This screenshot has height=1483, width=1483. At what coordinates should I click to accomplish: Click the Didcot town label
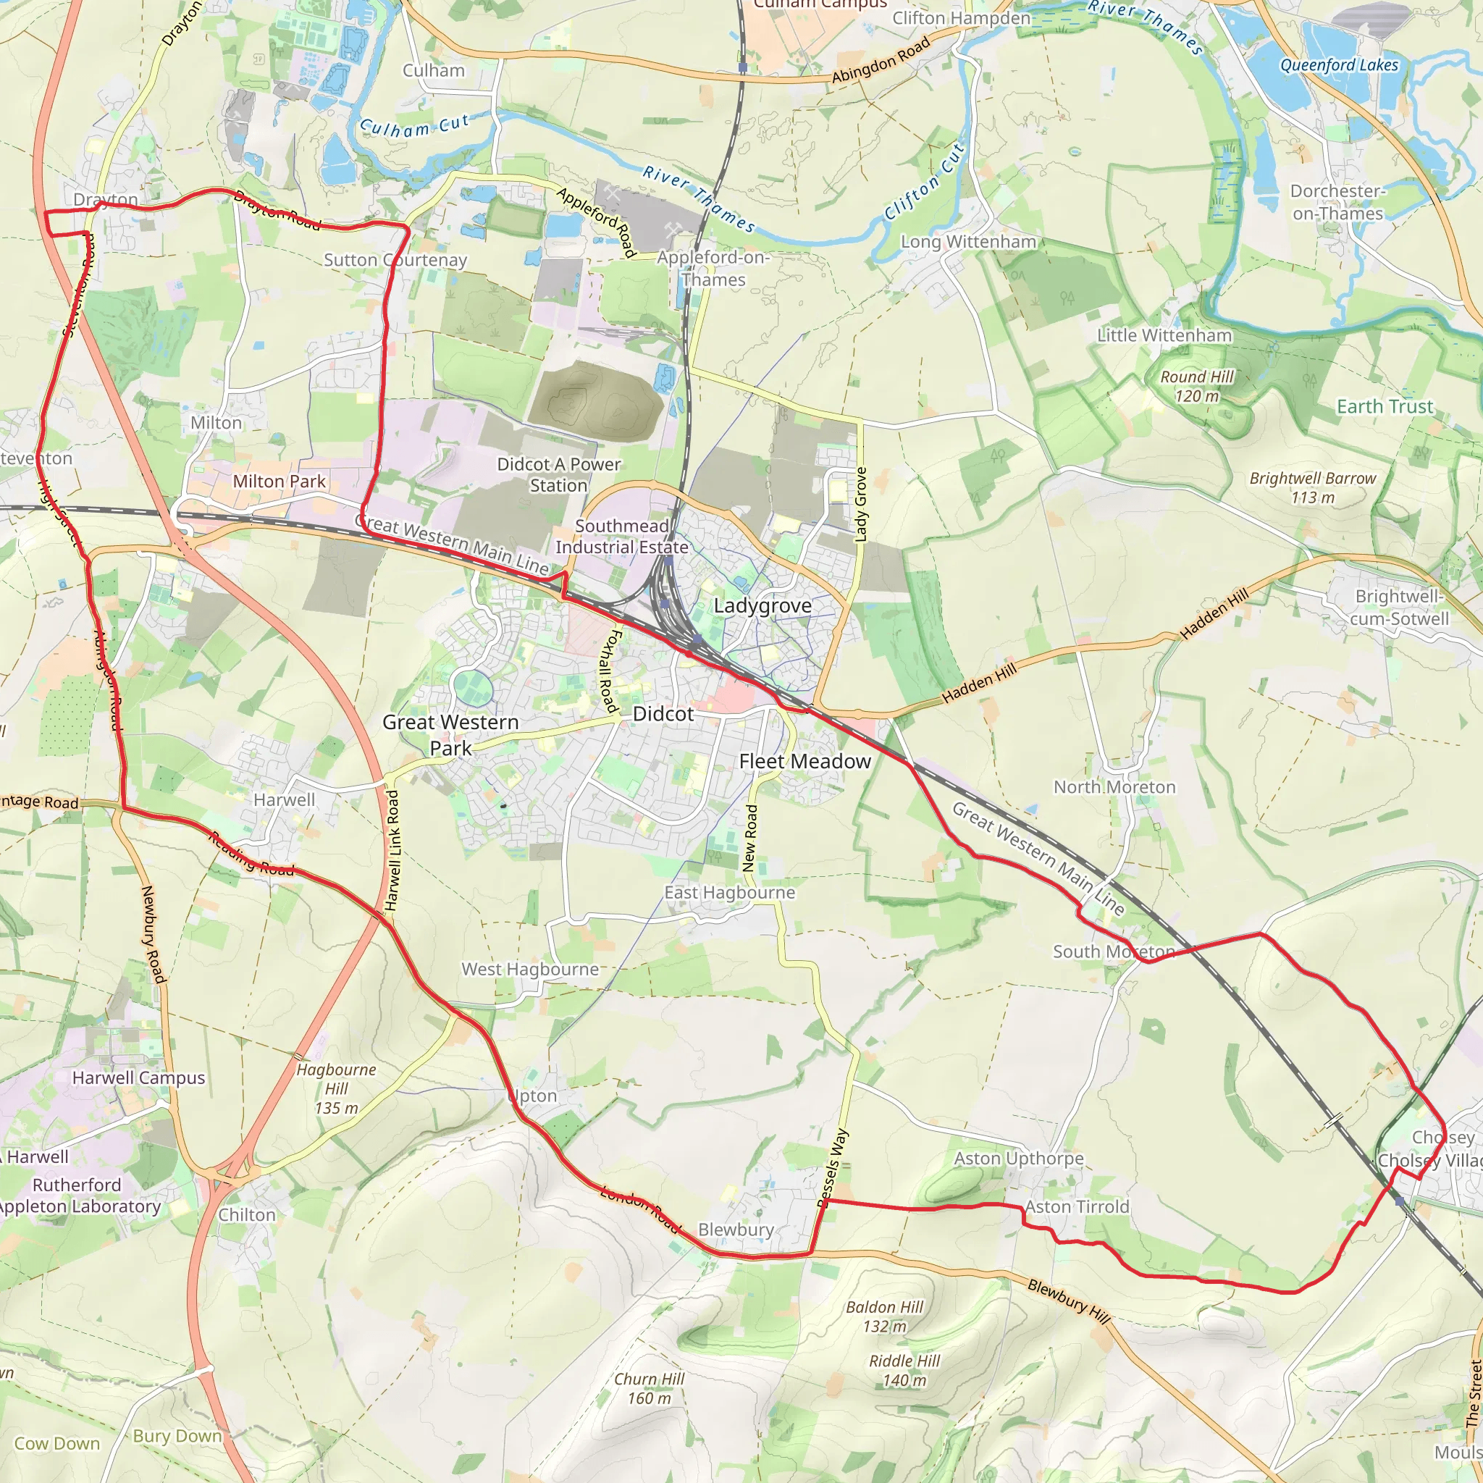click(663, 714)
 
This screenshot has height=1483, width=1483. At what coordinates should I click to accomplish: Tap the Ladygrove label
click(762, 605)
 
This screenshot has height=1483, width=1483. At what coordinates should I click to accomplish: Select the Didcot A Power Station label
click(558, 474)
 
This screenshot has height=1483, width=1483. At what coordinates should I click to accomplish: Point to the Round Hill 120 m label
click(1197, 386)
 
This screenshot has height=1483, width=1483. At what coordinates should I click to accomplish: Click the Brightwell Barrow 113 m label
click(1313, 487)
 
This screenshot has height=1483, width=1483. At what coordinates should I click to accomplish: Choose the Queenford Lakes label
click(1339, 65)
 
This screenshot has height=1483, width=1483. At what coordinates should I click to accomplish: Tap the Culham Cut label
click(414, 126)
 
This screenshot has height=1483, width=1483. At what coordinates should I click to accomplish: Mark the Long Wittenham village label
click(968, 242)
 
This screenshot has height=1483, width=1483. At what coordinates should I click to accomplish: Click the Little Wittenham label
click(1164, 335)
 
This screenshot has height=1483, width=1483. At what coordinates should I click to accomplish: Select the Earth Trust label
click(1385, 406)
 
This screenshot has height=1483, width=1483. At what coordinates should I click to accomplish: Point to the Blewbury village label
click(736, 1230)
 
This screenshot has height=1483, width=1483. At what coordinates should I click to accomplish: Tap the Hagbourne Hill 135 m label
click(336, 1088)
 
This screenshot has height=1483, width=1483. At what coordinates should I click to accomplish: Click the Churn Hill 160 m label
click(649, 1388)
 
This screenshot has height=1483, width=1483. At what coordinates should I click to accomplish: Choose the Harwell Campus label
click(139, 1077)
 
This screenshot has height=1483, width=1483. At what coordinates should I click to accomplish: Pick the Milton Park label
click(280, 482)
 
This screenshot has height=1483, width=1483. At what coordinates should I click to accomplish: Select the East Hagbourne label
click(729, 893)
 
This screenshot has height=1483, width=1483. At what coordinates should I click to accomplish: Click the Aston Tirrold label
click(1077, 1206)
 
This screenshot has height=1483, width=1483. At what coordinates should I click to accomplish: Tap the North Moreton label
click(1114, 787)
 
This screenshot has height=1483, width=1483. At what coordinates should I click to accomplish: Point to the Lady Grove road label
click(860, 504)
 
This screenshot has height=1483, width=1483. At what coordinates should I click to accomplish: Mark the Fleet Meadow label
click(804, 762)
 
